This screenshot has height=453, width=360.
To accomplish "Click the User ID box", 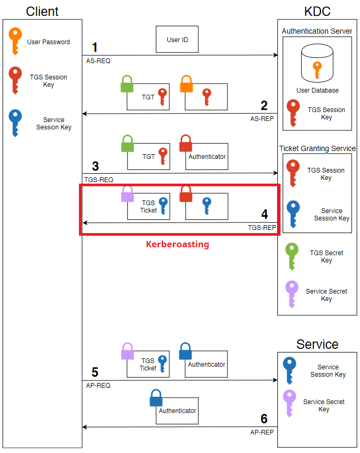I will (x=177, y=40).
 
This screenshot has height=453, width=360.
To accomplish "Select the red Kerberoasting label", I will (x=177, y=244).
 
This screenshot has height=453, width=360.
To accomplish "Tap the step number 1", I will (x=95, y=47).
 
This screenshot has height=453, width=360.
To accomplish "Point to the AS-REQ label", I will (x=98, y=61).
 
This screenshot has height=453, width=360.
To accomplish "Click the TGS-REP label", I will (x=262, y=228).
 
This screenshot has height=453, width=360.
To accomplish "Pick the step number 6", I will (x=264, y=419).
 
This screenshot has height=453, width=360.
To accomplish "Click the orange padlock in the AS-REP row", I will (x=187, y=85).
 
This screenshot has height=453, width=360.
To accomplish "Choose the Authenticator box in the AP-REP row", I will (x=177, y=411).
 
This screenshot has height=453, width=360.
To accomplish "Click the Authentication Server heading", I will (x=317, y=31).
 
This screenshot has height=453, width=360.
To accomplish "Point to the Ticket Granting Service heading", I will (x=317, y=148).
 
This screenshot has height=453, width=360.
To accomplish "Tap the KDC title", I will (x=317, y=11).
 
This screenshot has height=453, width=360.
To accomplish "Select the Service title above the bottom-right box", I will (x=317, y=344).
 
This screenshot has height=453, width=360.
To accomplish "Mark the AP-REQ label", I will (x=98, y=385).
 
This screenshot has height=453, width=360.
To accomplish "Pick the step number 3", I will (x=95, y=167).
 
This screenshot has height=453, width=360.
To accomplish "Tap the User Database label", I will (x=317, y=90).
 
